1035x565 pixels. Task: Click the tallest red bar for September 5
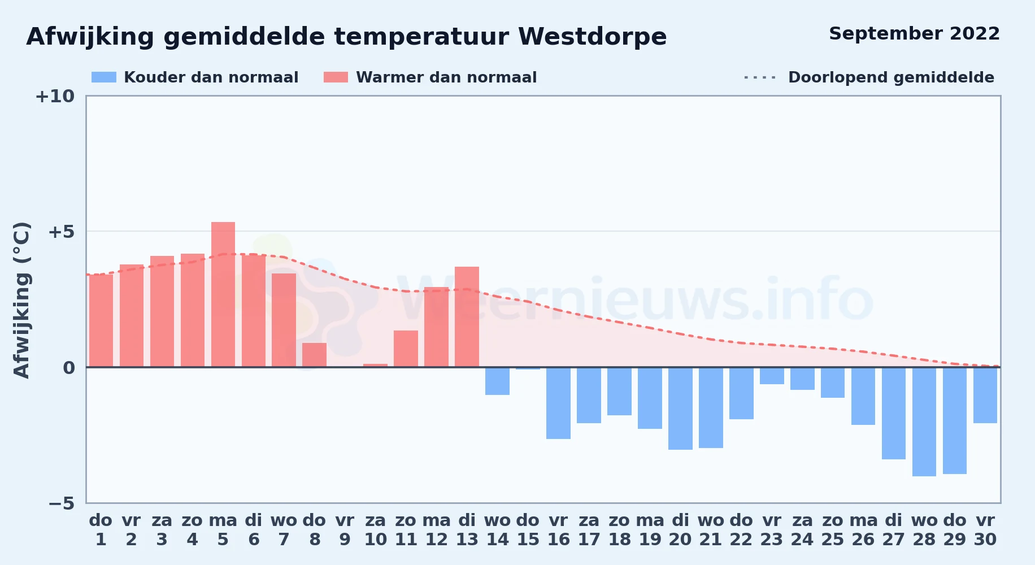click(223, 294)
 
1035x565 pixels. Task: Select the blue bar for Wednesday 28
click(924, 421)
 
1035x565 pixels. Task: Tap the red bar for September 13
click(467, 317)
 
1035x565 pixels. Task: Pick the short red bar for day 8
click(314, 355)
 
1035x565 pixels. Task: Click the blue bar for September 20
click(680, 408)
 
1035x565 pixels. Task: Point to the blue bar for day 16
click(558, 403)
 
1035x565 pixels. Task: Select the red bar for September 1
click(101, 321)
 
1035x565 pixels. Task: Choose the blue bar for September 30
click(985, 395)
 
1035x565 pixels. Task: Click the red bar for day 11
click(406, 349)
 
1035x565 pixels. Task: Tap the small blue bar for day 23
click(772, 376)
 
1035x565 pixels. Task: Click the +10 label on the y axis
click(55, 97)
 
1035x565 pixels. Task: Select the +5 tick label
click(62, 232)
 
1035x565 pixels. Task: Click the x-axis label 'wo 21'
click(711, 530)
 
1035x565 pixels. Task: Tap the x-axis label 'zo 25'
click(833, 530)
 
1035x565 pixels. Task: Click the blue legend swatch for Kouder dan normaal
click(104, 77)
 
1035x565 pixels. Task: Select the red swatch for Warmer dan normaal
click(336, 77)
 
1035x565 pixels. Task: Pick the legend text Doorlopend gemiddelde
click(891, 77)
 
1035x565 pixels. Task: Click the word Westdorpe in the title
click(593, 37)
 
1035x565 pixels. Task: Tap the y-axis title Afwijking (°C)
click(21, 300)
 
